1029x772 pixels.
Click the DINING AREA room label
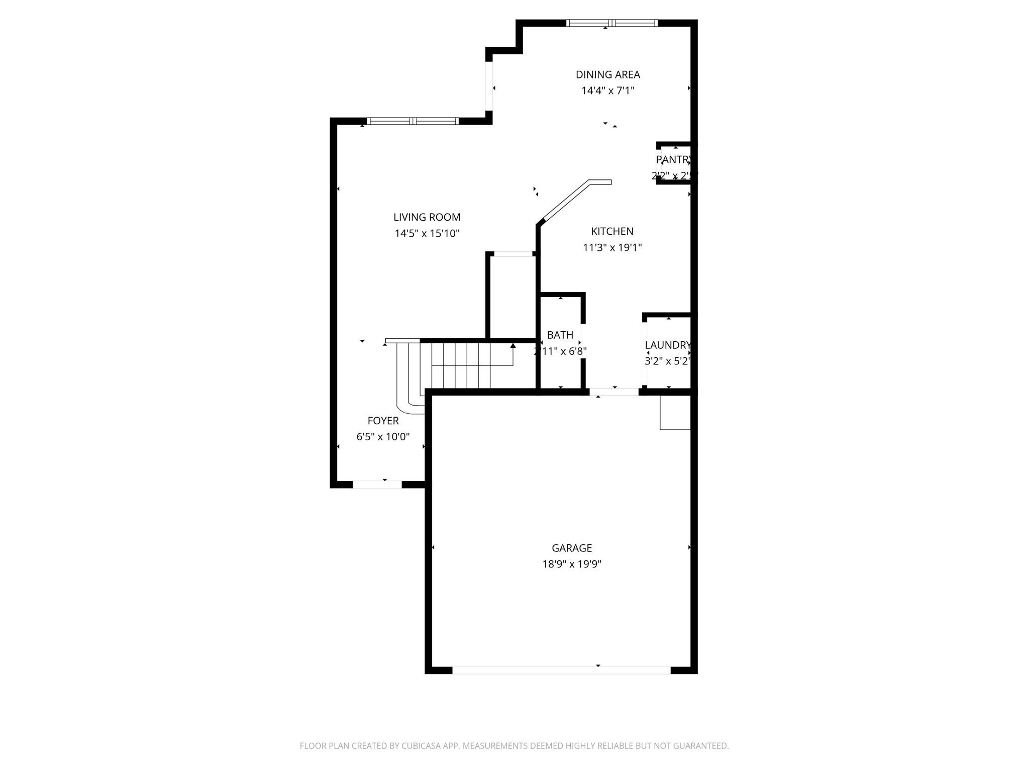(x=607, y=75)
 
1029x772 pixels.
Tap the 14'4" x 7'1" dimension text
(x=607, y=91)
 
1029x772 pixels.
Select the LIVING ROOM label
(x=427, y=217)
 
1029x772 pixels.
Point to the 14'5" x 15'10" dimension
(x=427, y=234)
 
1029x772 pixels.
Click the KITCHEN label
(x=612, y=231)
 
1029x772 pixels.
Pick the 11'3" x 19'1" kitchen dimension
(x=612, y=248)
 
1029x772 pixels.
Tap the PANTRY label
(x=673, y=160)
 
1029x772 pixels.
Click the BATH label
(x=560, y=335)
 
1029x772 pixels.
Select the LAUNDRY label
(x=668, y=345)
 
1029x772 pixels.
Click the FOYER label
(x=383, y=421)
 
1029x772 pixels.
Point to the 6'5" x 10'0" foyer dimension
(x=383, y=437)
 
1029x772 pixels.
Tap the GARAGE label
(x=572, y=548)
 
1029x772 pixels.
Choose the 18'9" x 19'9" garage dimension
(x=572, y=564)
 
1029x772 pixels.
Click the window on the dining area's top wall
(x=611, y=23)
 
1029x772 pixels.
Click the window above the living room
(x=413, y=121)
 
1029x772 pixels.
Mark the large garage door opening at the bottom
(x=561, y=670)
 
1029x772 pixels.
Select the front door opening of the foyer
(x=377, y=485)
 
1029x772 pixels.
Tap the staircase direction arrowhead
(x=513, y=346)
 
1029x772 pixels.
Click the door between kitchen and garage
(x=613, y=392)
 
